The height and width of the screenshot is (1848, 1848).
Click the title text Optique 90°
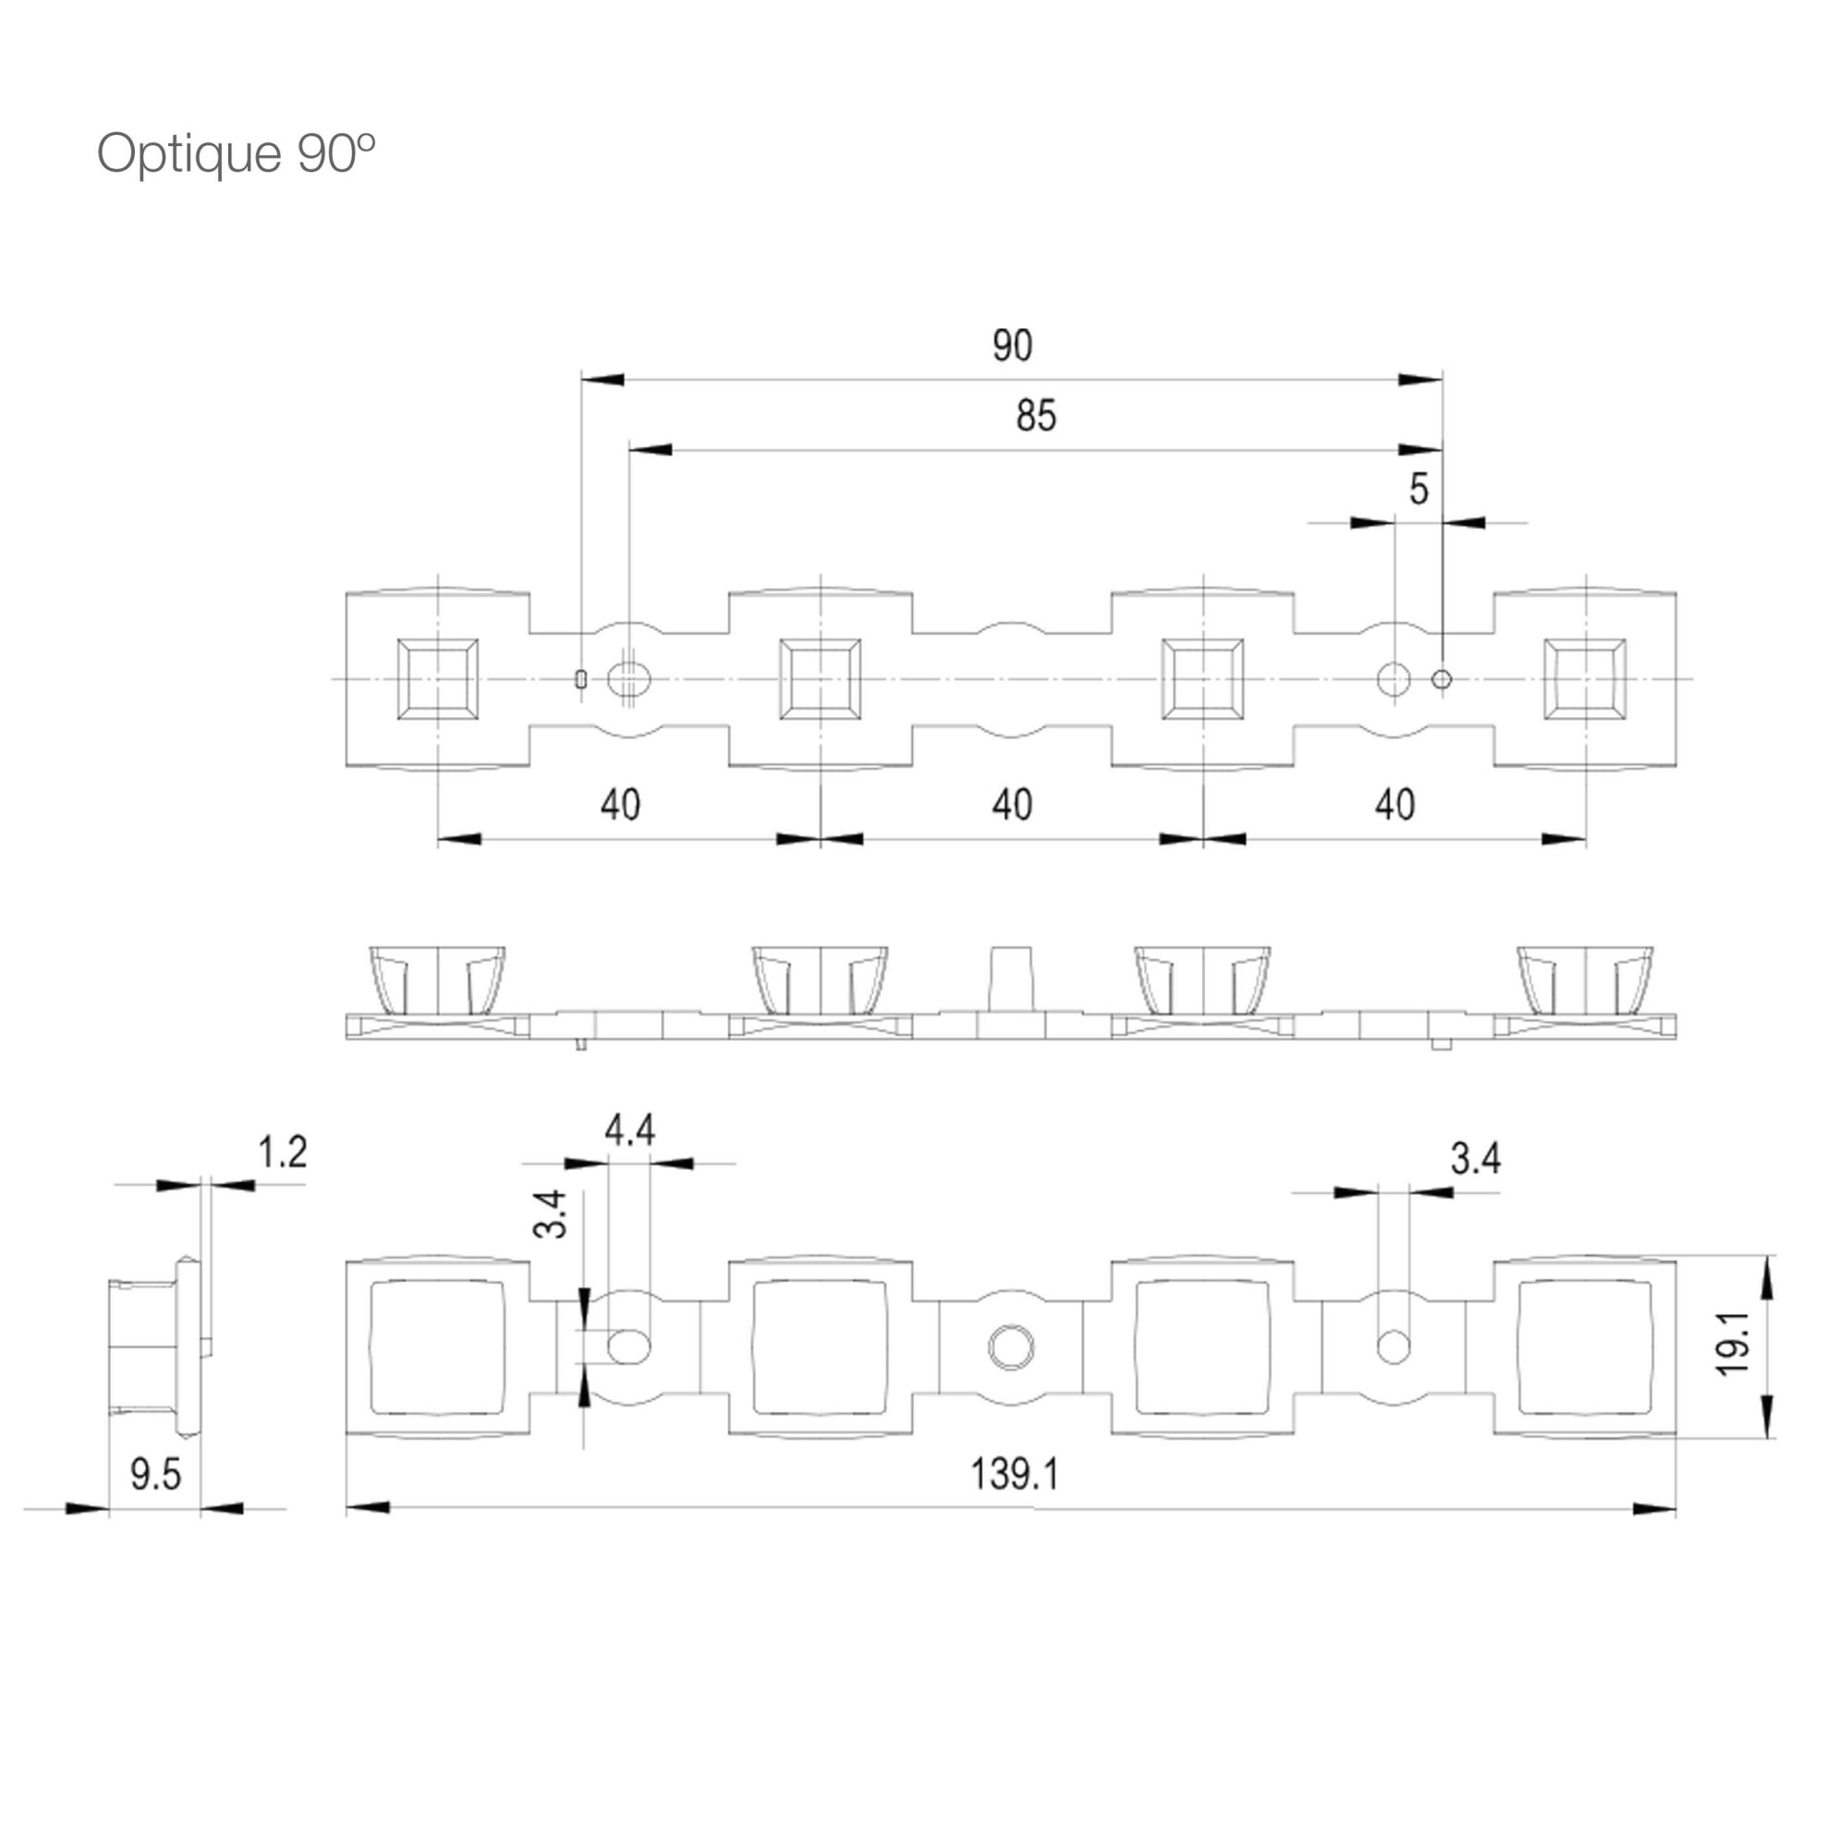pos(236,153)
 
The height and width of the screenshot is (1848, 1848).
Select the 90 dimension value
pos(1012,346)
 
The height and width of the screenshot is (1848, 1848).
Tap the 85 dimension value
pos(1036,416)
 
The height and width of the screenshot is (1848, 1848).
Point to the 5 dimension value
pos(1418,489)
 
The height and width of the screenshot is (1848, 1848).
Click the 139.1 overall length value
pos(1015,1473)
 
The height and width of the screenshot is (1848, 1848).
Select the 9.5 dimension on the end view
pos(155,1474)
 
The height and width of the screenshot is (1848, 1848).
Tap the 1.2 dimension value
pos(282,1151)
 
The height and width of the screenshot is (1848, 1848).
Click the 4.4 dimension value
pos(629,1131)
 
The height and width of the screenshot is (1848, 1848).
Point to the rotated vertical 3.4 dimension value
pos(550,1214)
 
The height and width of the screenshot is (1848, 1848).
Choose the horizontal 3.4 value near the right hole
pos(1476,1159)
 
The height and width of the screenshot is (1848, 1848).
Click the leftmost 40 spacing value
pos(620,805)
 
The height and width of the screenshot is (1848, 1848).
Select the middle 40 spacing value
pos(1012,805)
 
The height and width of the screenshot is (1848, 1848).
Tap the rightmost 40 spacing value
pos(1394,805)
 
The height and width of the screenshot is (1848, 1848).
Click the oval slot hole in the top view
pos(628,680)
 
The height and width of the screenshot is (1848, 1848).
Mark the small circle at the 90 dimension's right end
pos(1441,680)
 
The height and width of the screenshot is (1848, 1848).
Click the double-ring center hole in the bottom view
pos(1011,1347)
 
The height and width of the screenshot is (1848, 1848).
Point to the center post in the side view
pos(1011,980)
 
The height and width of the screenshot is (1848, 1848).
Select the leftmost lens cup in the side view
pos(437,980)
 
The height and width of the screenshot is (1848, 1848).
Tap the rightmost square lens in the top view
pos(1585,679)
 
